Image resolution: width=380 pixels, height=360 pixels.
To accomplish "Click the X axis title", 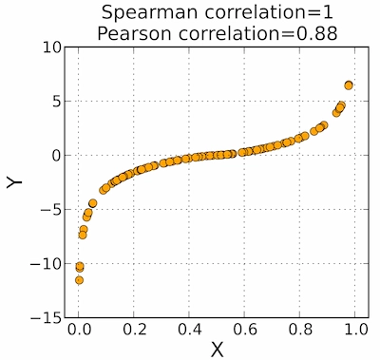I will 217,349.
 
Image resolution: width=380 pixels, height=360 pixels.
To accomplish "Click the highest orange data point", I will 349,85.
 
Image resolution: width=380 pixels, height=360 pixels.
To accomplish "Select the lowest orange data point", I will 80,280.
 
